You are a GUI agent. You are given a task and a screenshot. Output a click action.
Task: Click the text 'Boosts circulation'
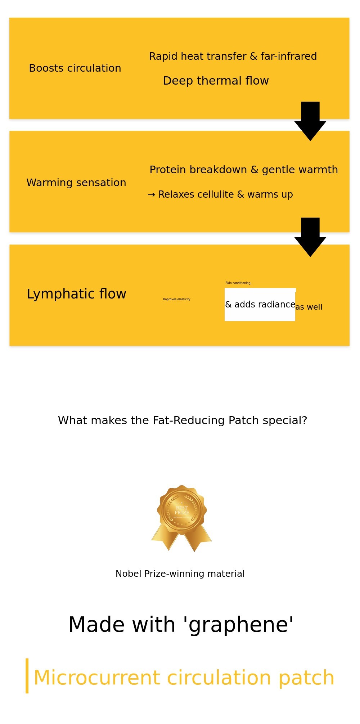tap(75, 68)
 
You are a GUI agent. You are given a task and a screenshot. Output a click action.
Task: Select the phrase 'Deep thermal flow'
tap(216, 81)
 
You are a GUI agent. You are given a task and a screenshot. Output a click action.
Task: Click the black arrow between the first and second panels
tap(310, 122)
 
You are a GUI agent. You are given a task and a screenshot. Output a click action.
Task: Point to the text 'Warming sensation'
tap(76, 183)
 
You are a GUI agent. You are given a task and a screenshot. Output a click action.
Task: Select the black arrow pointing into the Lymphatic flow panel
tap(310, 238)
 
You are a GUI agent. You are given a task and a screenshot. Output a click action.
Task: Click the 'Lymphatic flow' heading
tap(76, 294)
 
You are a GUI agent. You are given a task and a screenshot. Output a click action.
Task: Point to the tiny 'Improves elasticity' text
tap(176, 299)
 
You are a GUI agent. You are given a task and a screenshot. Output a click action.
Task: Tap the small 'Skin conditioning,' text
tap(238, 283)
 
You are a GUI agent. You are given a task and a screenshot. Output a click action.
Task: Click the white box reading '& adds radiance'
tap(260, 305)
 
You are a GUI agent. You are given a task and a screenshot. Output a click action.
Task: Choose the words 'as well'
tap(309, 307)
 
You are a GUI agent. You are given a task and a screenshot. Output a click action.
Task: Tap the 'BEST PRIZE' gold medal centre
tap(182, 510)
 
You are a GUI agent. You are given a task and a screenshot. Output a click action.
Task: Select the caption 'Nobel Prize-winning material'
tap(180, 574)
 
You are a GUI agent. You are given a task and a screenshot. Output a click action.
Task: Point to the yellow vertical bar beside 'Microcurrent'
tap(27, 676)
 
